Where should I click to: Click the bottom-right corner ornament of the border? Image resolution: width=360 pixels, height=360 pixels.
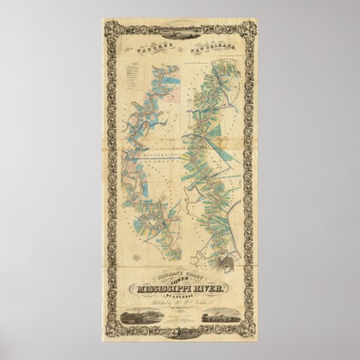pos(252,333)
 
